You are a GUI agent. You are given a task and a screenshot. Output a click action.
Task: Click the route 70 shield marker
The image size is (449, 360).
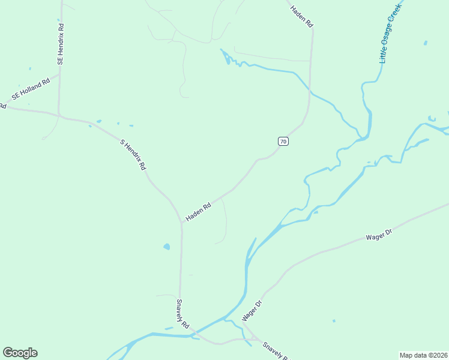[283, 142]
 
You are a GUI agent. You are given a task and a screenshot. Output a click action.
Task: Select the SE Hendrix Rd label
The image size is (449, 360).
[61, 44]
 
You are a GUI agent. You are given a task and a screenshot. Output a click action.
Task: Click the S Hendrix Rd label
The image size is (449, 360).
[133, 155]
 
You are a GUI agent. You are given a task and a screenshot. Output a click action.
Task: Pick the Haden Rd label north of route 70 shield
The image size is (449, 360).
[302, 17]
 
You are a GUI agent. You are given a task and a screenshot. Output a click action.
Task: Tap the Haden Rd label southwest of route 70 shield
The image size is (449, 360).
[198, 212]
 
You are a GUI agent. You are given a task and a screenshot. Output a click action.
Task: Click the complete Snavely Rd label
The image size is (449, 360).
[183, 313]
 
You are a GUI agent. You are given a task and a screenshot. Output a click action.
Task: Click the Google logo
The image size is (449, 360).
[20, 353]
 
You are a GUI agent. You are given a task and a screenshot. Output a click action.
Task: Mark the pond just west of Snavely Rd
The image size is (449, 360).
[166, 247]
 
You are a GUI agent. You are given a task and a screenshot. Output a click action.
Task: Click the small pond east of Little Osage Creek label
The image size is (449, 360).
[425, 43]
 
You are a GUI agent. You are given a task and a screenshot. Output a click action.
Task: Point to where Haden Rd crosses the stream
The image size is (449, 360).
[310, 91]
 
